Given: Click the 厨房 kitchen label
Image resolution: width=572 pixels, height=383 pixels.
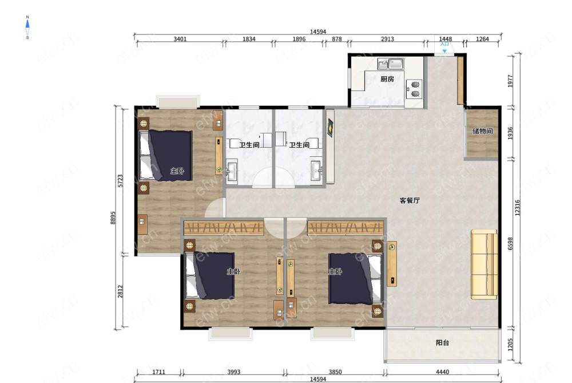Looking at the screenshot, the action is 387,79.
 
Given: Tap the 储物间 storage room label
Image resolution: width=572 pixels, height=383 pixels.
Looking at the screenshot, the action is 482,131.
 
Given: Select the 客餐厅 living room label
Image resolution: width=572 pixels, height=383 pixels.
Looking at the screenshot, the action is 410,200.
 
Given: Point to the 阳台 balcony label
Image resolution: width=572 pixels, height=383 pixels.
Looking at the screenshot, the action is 443,342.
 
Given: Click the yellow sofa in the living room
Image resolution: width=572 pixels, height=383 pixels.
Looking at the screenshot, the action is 484,264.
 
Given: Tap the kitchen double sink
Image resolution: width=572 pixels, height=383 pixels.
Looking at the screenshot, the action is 390,64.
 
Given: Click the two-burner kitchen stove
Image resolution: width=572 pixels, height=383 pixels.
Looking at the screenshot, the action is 415,89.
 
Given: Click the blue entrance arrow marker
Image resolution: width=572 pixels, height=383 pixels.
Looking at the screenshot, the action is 444,51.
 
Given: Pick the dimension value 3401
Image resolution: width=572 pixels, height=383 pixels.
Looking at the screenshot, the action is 180,39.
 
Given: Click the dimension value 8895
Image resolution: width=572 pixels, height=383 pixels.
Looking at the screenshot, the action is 113,218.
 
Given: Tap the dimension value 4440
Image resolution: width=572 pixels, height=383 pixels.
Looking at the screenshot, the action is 442,372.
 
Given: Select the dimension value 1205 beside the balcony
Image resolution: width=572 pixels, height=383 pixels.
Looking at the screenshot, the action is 510,344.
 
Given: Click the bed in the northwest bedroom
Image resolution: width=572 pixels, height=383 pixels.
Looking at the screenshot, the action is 166,155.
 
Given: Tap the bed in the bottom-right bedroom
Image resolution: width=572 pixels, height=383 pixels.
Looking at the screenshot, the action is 356,279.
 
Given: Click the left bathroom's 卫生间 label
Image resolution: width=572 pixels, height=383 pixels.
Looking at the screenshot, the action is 249,145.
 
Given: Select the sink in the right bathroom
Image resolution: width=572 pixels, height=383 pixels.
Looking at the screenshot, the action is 316,170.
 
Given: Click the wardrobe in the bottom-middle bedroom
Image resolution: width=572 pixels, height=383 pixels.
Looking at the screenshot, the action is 224,228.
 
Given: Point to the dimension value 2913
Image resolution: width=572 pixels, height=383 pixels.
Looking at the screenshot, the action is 387,39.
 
